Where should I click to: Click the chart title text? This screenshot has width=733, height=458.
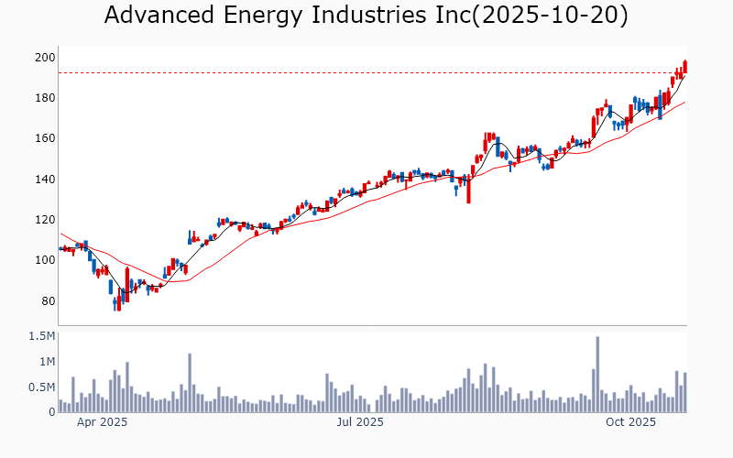tap(366, 16)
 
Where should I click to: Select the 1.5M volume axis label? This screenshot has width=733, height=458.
tap(41, 337)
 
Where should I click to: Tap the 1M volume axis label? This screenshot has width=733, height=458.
tap(45, 362)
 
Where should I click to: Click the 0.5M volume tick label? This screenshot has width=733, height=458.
tap(41, 387)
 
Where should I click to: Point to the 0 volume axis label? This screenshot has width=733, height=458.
tap(51, 412)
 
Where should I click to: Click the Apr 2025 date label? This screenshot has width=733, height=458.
tap(102, 422)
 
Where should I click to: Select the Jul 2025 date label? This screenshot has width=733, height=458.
tap(359, 422)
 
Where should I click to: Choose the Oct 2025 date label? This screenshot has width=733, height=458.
tap(630, 422)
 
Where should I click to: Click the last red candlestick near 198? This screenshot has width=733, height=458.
tap(684, 67)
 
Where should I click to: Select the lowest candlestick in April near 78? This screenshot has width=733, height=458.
tap(118, 301)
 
